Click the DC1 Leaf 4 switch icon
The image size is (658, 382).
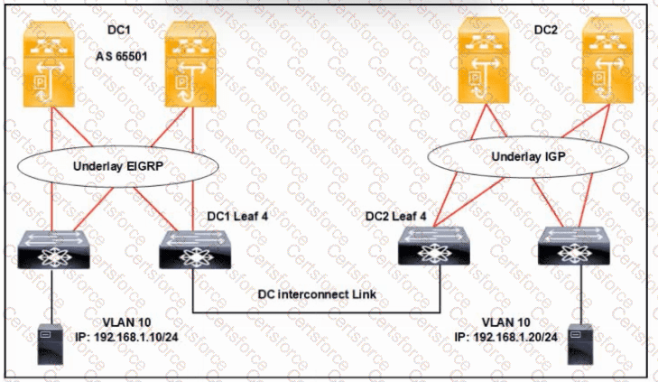coord(192,248)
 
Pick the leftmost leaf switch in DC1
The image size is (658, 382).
coord(53,248)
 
